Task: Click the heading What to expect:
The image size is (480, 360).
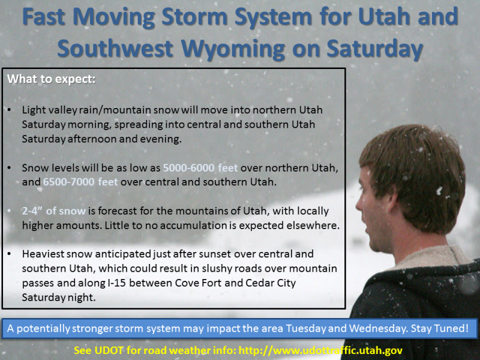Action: tap(51, 79)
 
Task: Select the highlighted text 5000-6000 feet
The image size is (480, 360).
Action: tap(200, 168)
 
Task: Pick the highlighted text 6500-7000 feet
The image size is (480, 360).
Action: tap(80, 182)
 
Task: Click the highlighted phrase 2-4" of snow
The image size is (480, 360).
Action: tap(54, 211)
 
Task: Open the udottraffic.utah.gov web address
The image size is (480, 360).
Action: tap(320, 350)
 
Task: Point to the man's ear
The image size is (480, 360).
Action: tap(389, 202)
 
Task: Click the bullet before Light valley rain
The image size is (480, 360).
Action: tap(10, 110)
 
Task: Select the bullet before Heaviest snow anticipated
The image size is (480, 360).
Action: tap(10, 254)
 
